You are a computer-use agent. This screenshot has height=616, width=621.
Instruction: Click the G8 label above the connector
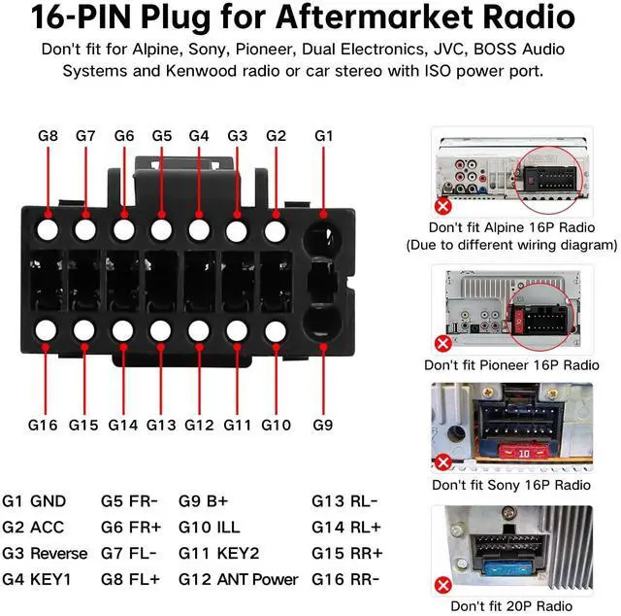point(48,136)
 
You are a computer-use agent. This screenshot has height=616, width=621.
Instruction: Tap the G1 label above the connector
point(323,136)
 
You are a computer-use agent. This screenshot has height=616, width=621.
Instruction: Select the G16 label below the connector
point(43,425)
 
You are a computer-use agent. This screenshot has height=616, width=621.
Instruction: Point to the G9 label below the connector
point(323,425)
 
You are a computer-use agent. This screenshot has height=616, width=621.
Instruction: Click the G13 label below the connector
point(161,425)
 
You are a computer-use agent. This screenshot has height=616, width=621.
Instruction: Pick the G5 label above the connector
point(161,136)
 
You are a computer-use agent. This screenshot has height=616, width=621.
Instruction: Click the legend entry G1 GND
point(34,501)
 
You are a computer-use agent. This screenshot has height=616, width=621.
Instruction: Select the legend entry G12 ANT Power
point(238,580)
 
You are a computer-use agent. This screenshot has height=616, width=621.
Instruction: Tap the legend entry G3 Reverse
point(45,554)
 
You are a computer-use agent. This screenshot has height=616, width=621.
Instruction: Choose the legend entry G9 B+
point(204,501)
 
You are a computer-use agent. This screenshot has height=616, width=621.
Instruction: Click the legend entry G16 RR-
point(346,580)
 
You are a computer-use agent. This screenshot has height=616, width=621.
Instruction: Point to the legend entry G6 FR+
point(131,528)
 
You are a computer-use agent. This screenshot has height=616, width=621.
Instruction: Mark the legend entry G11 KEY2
point(219,554)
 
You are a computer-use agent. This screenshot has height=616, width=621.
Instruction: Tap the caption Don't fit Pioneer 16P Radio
point(511,365)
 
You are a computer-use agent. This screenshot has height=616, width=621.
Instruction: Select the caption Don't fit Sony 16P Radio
point(511,485)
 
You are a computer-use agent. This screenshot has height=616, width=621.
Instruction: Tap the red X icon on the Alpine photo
point(443,207)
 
